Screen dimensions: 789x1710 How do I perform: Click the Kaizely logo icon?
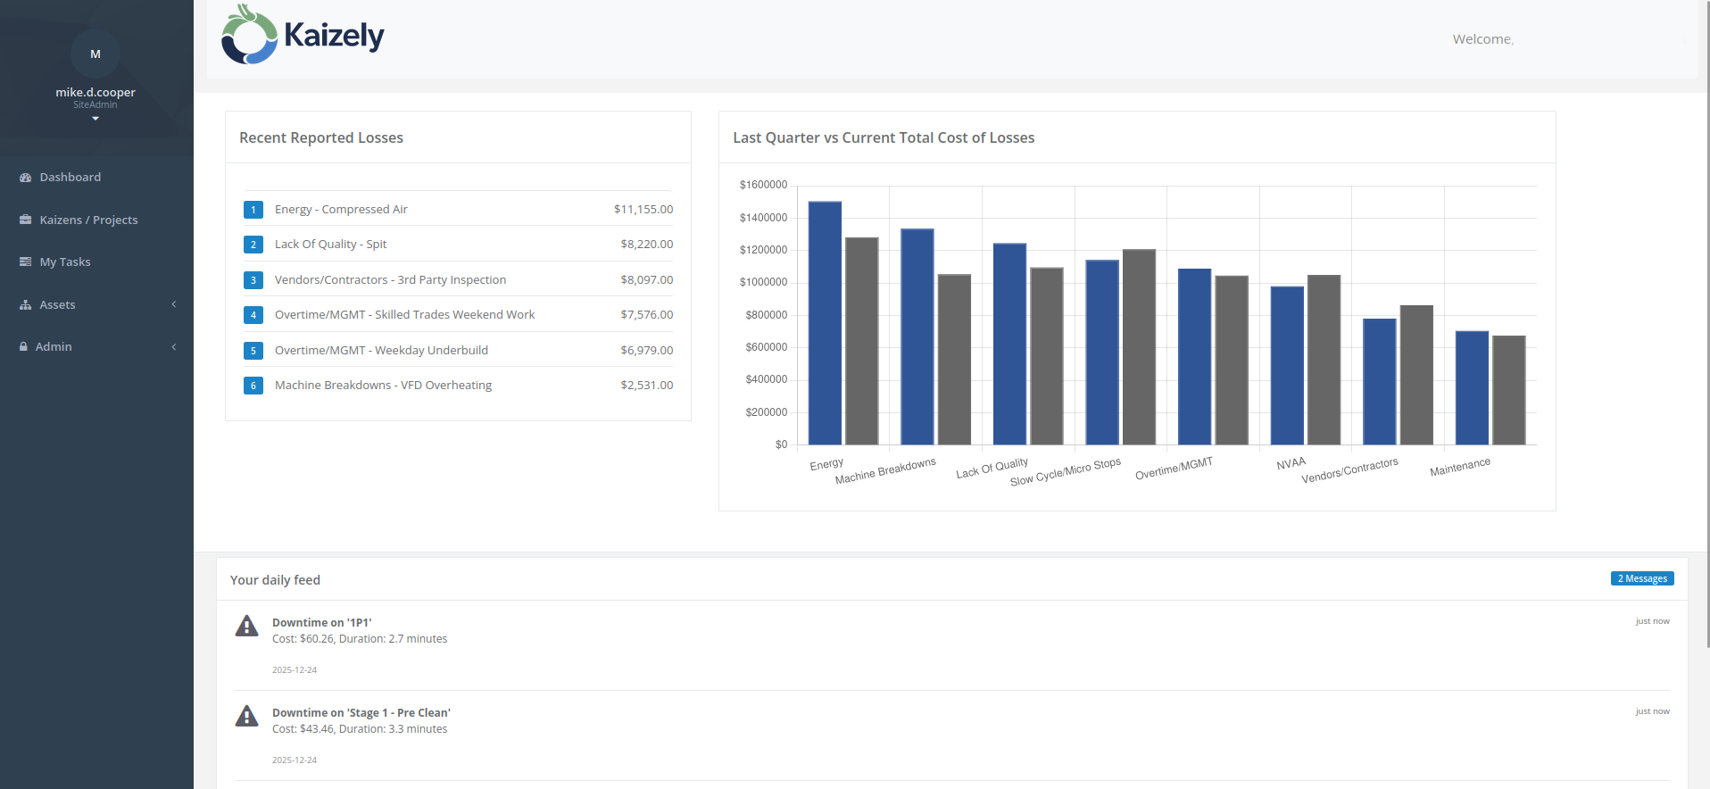(249, 36)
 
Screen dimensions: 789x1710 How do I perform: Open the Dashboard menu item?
(70, 178)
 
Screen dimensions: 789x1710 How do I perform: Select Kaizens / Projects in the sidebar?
(88, 220)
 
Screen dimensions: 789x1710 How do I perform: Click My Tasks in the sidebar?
(65, 262)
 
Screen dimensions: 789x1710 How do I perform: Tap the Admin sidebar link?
(54, 347)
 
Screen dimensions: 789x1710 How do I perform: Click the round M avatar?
(95, 54)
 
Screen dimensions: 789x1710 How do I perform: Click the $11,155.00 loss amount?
(643, 210)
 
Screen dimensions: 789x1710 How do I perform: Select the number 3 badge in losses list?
(253, 280)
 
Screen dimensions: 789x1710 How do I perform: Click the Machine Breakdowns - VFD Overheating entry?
(383, 386)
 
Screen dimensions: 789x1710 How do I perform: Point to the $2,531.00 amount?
(646, 386)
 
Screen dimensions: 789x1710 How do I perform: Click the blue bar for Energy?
(825, 323)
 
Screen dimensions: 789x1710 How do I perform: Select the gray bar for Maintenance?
(1508, 390)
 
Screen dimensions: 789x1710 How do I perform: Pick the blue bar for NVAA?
(1287, 365)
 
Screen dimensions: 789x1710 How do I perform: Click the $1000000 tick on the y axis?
(763, 283)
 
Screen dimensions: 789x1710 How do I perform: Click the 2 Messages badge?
(1642, 579)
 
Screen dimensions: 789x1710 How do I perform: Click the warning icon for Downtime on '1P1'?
(246, 627)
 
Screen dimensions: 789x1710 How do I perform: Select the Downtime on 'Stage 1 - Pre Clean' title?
(361, 713)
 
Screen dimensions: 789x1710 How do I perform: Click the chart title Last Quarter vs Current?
(884, 138)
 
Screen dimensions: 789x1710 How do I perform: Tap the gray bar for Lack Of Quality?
(1047, 356)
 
